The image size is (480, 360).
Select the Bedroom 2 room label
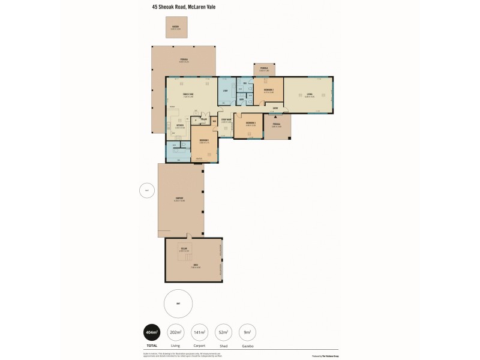click(268, 91)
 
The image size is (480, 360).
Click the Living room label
click(309, 94)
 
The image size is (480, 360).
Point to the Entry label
click(275, 108)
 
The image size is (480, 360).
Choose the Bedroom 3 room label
click(250, 124)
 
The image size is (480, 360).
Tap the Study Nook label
click(226, 121)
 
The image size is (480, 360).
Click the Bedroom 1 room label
click(204, 141)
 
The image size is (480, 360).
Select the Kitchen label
click(179, 126)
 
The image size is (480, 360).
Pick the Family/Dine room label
click(191, 94)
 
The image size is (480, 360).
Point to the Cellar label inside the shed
click(184, 249)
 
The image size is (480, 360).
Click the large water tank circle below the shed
click(178, 304)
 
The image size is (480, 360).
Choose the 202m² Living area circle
click(176, 333)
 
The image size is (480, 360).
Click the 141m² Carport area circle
click(200, 333)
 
